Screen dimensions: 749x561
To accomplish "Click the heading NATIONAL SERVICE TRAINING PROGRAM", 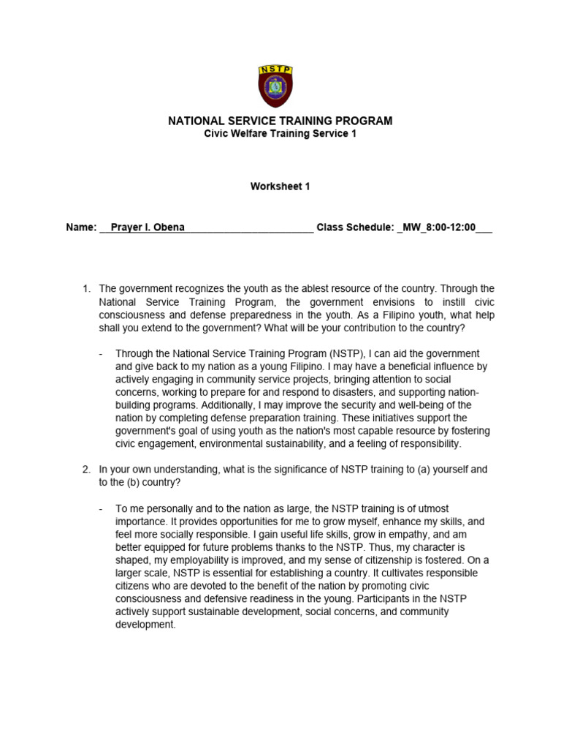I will coord(280,121).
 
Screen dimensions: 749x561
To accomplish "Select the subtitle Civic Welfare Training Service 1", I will coord(280,134).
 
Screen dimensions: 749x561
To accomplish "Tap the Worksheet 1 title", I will coord(280,187).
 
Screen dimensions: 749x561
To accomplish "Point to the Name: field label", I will coord(81,227).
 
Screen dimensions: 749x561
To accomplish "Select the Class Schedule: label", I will coord(355,227).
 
